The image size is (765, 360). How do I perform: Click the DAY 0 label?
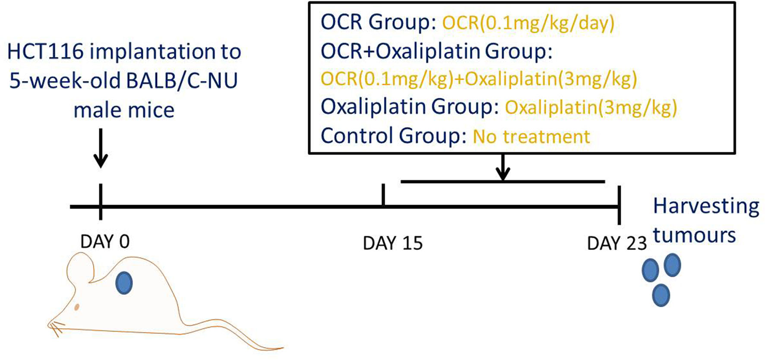(105, 242)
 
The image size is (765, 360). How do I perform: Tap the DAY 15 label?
(393, 243)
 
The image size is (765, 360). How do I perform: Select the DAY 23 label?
(617, 243)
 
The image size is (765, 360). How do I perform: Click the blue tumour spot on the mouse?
(124, 283)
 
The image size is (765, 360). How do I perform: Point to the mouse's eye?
(77, 307)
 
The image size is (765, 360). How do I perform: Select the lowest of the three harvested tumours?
(661, 295)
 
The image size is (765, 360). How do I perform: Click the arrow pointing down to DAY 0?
(101, 148)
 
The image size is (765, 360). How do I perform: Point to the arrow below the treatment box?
(503, 167)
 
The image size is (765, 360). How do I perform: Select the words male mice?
(124, 110)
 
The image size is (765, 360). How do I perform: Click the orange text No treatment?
(531, 136)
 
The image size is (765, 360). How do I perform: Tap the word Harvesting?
(706, 207)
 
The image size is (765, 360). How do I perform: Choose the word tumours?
(694, 236)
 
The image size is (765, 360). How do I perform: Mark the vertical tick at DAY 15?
(383, 195)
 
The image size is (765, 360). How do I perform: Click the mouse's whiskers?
(57, 328)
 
